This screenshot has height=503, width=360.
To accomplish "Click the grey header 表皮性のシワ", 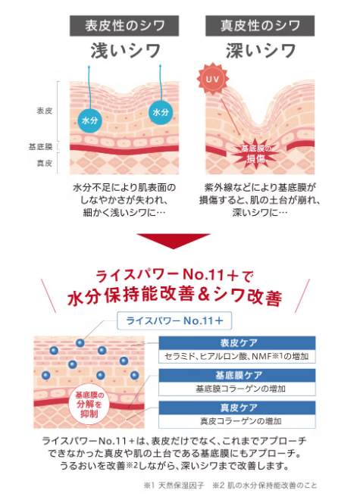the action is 124,26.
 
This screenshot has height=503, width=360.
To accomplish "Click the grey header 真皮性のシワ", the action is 260,26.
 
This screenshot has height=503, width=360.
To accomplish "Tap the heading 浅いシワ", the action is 125,51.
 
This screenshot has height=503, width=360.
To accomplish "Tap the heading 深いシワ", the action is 261,51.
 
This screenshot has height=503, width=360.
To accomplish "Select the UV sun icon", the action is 212,79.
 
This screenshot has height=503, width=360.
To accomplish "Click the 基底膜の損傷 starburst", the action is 255,153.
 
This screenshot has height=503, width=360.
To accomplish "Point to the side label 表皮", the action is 44,111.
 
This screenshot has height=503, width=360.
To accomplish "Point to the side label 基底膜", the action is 40,147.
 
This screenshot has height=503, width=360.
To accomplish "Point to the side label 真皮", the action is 44,164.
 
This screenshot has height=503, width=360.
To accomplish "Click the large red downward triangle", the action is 174,241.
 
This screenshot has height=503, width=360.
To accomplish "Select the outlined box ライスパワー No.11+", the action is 174,320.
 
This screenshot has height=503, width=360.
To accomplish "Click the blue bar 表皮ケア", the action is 237,343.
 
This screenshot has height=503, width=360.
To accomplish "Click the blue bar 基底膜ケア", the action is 237,375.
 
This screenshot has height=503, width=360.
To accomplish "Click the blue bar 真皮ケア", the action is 237,408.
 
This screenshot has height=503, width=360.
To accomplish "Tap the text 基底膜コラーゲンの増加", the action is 241,389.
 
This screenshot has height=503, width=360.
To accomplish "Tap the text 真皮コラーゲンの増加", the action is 241,421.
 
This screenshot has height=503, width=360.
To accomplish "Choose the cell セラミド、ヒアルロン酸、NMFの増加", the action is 237,356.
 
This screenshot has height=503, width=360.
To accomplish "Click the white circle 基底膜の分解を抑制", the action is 89,405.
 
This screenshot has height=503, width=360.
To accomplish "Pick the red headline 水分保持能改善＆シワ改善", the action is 175,296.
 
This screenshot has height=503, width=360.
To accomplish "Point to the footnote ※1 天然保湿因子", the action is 174,486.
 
